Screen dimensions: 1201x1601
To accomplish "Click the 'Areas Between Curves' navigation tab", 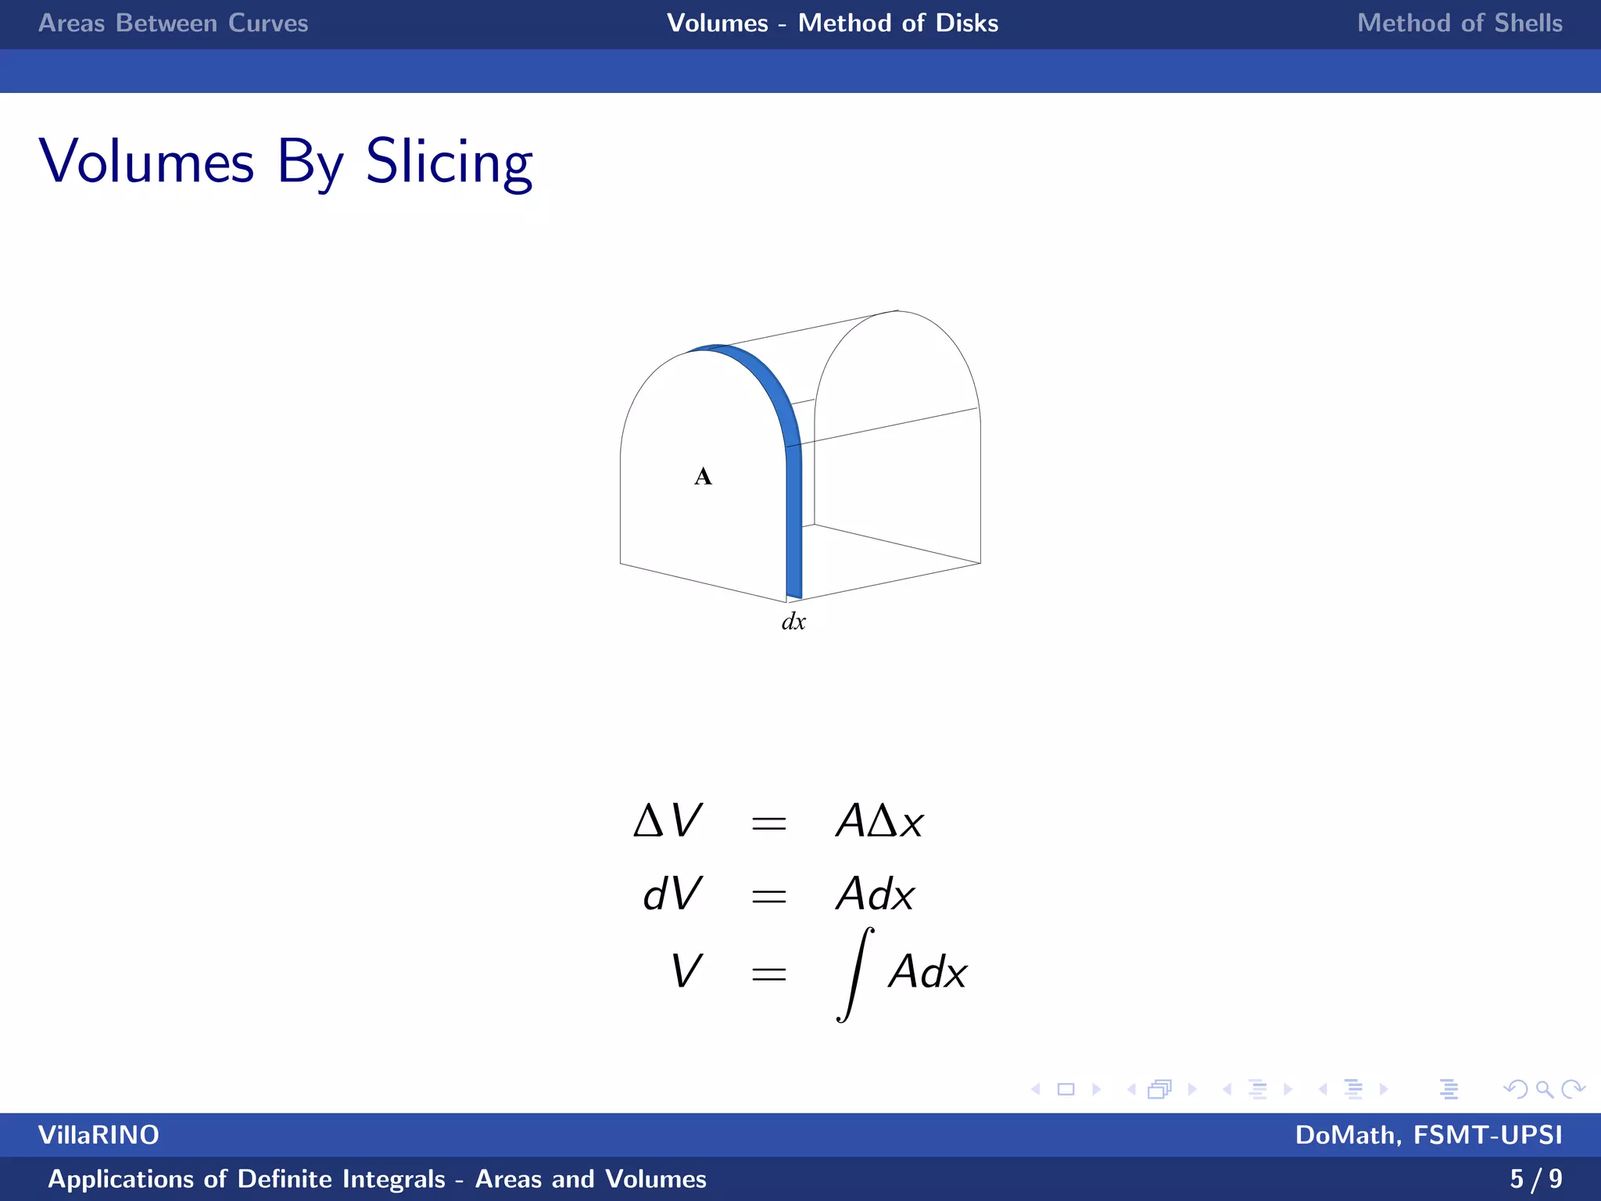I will (173, 23).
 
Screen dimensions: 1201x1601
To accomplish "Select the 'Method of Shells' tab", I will (1460, 23).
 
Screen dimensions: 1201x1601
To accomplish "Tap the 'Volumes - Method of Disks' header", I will (832, 23).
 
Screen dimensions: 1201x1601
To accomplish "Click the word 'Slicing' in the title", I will (449, 163).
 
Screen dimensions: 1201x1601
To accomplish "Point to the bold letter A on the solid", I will (703, 476).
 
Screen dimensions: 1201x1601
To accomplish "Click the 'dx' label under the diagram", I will (793, 622).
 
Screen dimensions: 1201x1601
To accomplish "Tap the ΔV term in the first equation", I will (668, 822).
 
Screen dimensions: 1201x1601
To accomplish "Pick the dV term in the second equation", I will (672, 894).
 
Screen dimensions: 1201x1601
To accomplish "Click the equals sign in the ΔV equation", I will (768, 823).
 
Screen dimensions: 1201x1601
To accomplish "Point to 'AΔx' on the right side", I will (879, 822).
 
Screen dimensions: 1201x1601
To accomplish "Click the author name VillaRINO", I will (98, 1135).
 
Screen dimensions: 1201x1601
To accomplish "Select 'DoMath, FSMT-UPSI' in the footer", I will (1428, 1135).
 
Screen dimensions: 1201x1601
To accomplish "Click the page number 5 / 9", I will (1535, 1178).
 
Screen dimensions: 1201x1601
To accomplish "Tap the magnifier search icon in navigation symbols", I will (1544, 1088).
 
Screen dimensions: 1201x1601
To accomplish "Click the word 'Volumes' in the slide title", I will (147, 163).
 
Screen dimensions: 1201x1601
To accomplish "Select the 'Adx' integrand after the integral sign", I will (928, 973).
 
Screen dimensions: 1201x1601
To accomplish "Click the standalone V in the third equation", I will (686, 972).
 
